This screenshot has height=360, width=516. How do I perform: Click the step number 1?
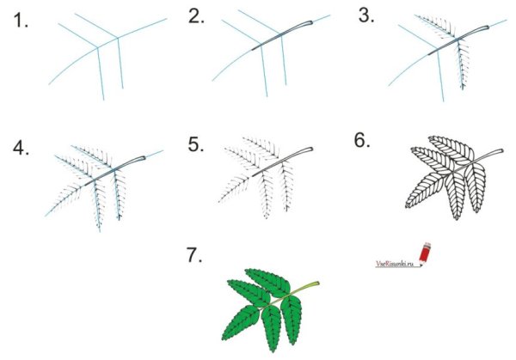coord(21,21)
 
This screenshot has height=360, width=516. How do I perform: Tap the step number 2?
coord(196,16)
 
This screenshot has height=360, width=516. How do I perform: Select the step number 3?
coord(366,15)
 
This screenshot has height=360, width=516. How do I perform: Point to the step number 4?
coord(21,148)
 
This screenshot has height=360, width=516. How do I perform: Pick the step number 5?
coord(195,144)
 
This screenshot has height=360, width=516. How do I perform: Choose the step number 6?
coord(362,140)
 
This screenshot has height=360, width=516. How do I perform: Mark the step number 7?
coord(194,255)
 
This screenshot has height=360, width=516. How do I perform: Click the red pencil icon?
coord(425,253)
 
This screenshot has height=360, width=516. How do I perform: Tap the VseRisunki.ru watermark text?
coord(395,264)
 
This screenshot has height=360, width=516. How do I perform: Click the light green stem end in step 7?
coord(316,283)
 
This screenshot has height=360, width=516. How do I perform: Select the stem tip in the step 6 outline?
coord(501,150)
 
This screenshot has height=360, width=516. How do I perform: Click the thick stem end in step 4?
coord(143,158)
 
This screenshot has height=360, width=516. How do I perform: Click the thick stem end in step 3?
coord(486,27)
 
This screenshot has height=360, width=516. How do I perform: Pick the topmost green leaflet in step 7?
coord(267,283)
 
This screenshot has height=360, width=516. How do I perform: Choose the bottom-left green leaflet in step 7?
coord(240,323)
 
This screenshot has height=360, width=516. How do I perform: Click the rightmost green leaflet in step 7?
coord(291,319)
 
